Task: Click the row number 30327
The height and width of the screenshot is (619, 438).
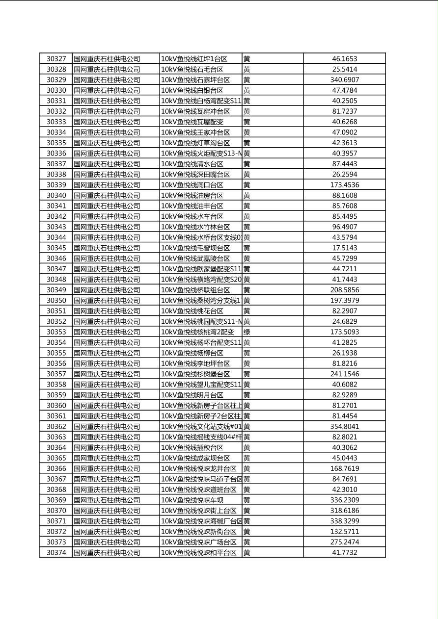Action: [x=56, y=59]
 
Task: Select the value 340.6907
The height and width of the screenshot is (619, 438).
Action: [x=344, y=80]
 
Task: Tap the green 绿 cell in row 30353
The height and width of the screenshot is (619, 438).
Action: [x=246, y=332]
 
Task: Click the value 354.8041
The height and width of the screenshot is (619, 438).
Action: [x=344, y=427]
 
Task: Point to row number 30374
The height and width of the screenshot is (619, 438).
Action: [x=56, y=553]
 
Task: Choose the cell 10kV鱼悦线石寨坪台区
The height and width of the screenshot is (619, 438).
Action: [x=195, y=80]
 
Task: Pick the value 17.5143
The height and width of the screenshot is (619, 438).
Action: [x=344, y=248]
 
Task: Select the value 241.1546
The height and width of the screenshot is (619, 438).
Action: [x=344, y=374]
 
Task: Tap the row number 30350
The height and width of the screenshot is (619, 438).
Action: [x=56, y=301]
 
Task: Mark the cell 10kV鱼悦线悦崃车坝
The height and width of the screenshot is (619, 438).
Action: [x=192, y=500]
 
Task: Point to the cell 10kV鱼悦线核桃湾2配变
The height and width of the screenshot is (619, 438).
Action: [x=197, y=332]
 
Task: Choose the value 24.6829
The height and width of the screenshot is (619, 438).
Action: [x=344, y=322]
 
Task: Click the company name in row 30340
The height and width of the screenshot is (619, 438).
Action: [x=107, y=196]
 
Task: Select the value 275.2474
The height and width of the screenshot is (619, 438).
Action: [x=344, y=542]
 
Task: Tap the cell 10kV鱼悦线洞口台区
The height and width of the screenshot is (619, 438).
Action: [x=192, y=185]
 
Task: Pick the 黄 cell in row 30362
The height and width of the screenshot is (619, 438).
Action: [x=246, y=427]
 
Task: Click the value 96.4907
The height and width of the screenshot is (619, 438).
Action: [x=344, y=227]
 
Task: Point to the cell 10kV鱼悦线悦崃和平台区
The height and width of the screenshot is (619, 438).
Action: [x=199, y=553]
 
